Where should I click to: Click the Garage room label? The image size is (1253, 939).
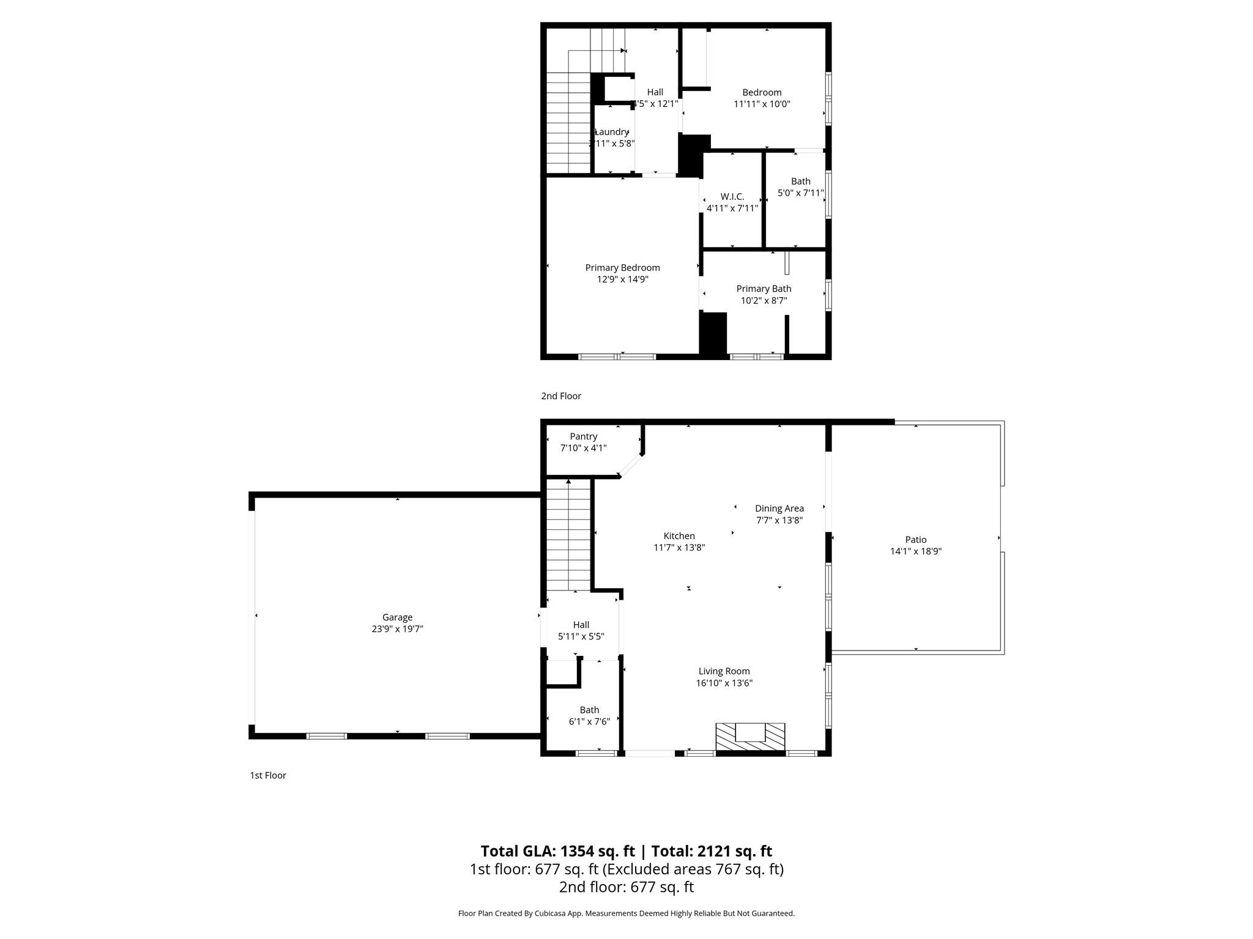[397, 617]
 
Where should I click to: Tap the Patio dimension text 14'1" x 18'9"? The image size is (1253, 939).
[915, 551]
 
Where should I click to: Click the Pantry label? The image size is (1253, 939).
[583, 436]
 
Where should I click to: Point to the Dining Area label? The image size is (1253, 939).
[779, 509]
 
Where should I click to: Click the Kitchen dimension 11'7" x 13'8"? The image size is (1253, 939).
[679, 548]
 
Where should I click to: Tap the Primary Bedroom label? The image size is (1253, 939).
[622, 268]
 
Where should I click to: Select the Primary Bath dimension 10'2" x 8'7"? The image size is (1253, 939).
[764, 301]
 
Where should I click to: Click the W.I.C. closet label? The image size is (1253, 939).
[732, 197]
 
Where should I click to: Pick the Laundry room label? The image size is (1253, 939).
[611, 132]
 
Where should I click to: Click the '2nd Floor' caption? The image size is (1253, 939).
[561, 396]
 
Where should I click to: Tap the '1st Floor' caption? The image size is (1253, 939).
[268, 775]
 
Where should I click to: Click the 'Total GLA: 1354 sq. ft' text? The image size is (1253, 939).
[557, 851]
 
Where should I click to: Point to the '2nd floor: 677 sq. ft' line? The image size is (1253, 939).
[626, 887]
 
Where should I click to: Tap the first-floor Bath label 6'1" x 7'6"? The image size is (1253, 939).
[589, 710]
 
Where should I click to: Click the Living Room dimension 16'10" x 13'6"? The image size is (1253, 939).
[724, 683]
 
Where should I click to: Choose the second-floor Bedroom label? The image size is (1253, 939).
[762, 93]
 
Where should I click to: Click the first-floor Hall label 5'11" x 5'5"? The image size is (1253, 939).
[581, 625]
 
